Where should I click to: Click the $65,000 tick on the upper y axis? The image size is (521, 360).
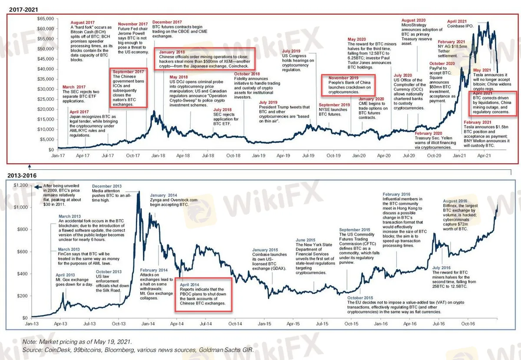pos(46,19)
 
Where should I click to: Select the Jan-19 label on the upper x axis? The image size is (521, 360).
pos(259,155)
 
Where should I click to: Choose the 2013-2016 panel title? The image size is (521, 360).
pos(22,175)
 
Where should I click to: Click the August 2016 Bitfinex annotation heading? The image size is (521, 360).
pos(456,201)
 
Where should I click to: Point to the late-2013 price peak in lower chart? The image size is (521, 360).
pos(138,192)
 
